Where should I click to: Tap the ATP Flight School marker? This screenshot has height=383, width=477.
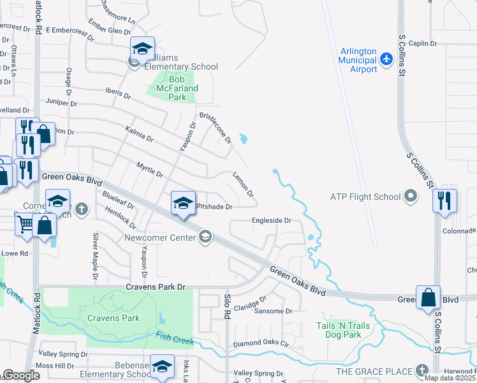click(411, 197)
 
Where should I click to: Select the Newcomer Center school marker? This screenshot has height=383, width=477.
click(205, 237)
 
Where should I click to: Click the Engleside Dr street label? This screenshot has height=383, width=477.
click(271, 220)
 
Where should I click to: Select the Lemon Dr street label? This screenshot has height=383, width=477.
click(244, 184)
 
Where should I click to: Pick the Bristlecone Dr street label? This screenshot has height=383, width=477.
click(215, 128)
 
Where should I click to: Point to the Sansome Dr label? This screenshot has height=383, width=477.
click(273, 312)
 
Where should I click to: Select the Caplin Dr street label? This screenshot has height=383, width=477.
click(423, 43)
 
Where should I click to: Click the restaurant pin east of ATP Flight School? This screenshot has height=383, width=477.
click(444, 200)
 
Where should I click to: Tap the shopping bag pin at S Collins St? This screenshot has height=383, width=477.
click(428, 297)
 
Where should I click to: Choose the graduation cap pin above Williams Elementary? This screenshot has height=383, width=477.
click(142, 48)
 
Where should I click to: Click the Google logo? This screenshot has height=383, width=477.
click(21, 375)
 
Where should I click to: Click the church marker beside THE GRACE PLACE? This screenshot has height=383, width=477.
click(421, 371)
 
